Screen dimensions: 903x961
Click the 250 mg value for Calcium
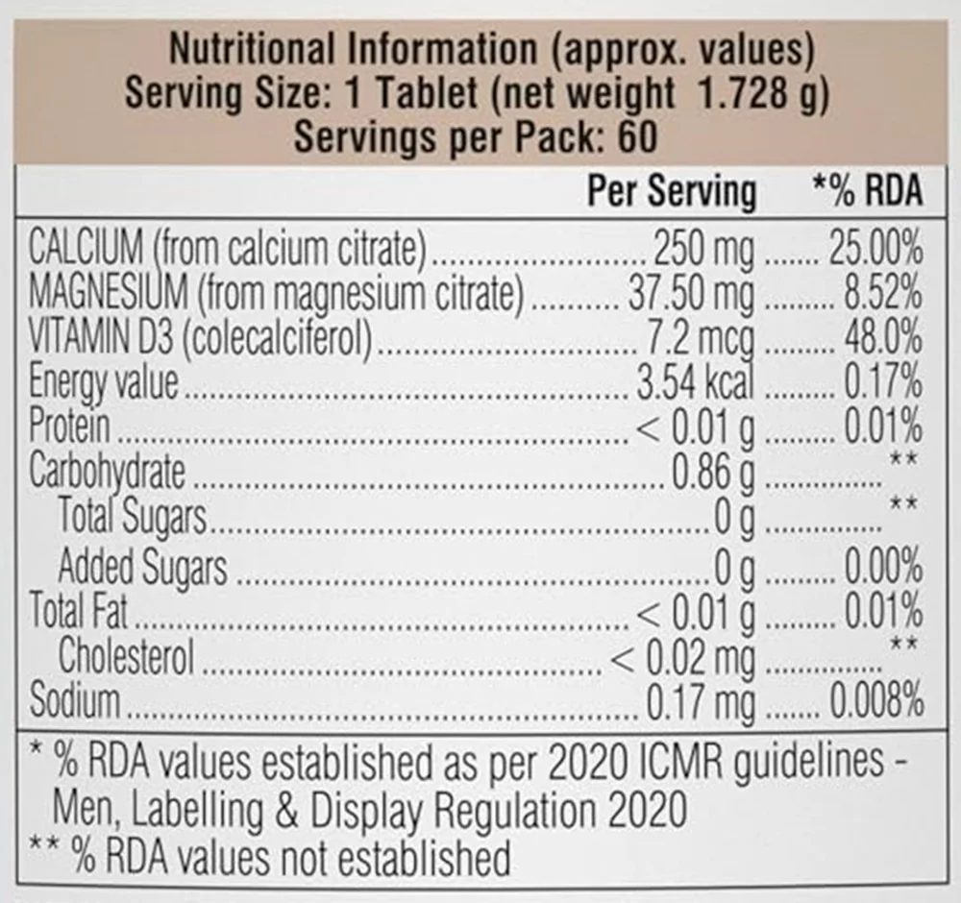click(x=704, y=251)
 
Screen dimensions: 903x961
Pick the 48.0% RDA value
click(x=883, y=339)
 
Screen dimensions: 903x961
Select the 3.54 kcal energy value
click(x=695, y=382)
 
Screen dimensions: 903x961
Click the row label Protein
click(x=69, y=427)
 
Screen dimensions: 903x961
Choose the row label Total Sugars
click(x=133, y=516)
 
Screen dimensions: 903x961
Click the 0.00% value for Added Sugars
click(x=883, y=566)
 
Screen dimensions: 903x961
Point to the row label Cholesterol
click(x=126, y=657)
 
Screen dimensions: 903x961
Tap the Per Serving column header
click(x=672, y=191)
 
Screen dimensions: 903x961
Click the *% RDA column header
click(x=867, y=191)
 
